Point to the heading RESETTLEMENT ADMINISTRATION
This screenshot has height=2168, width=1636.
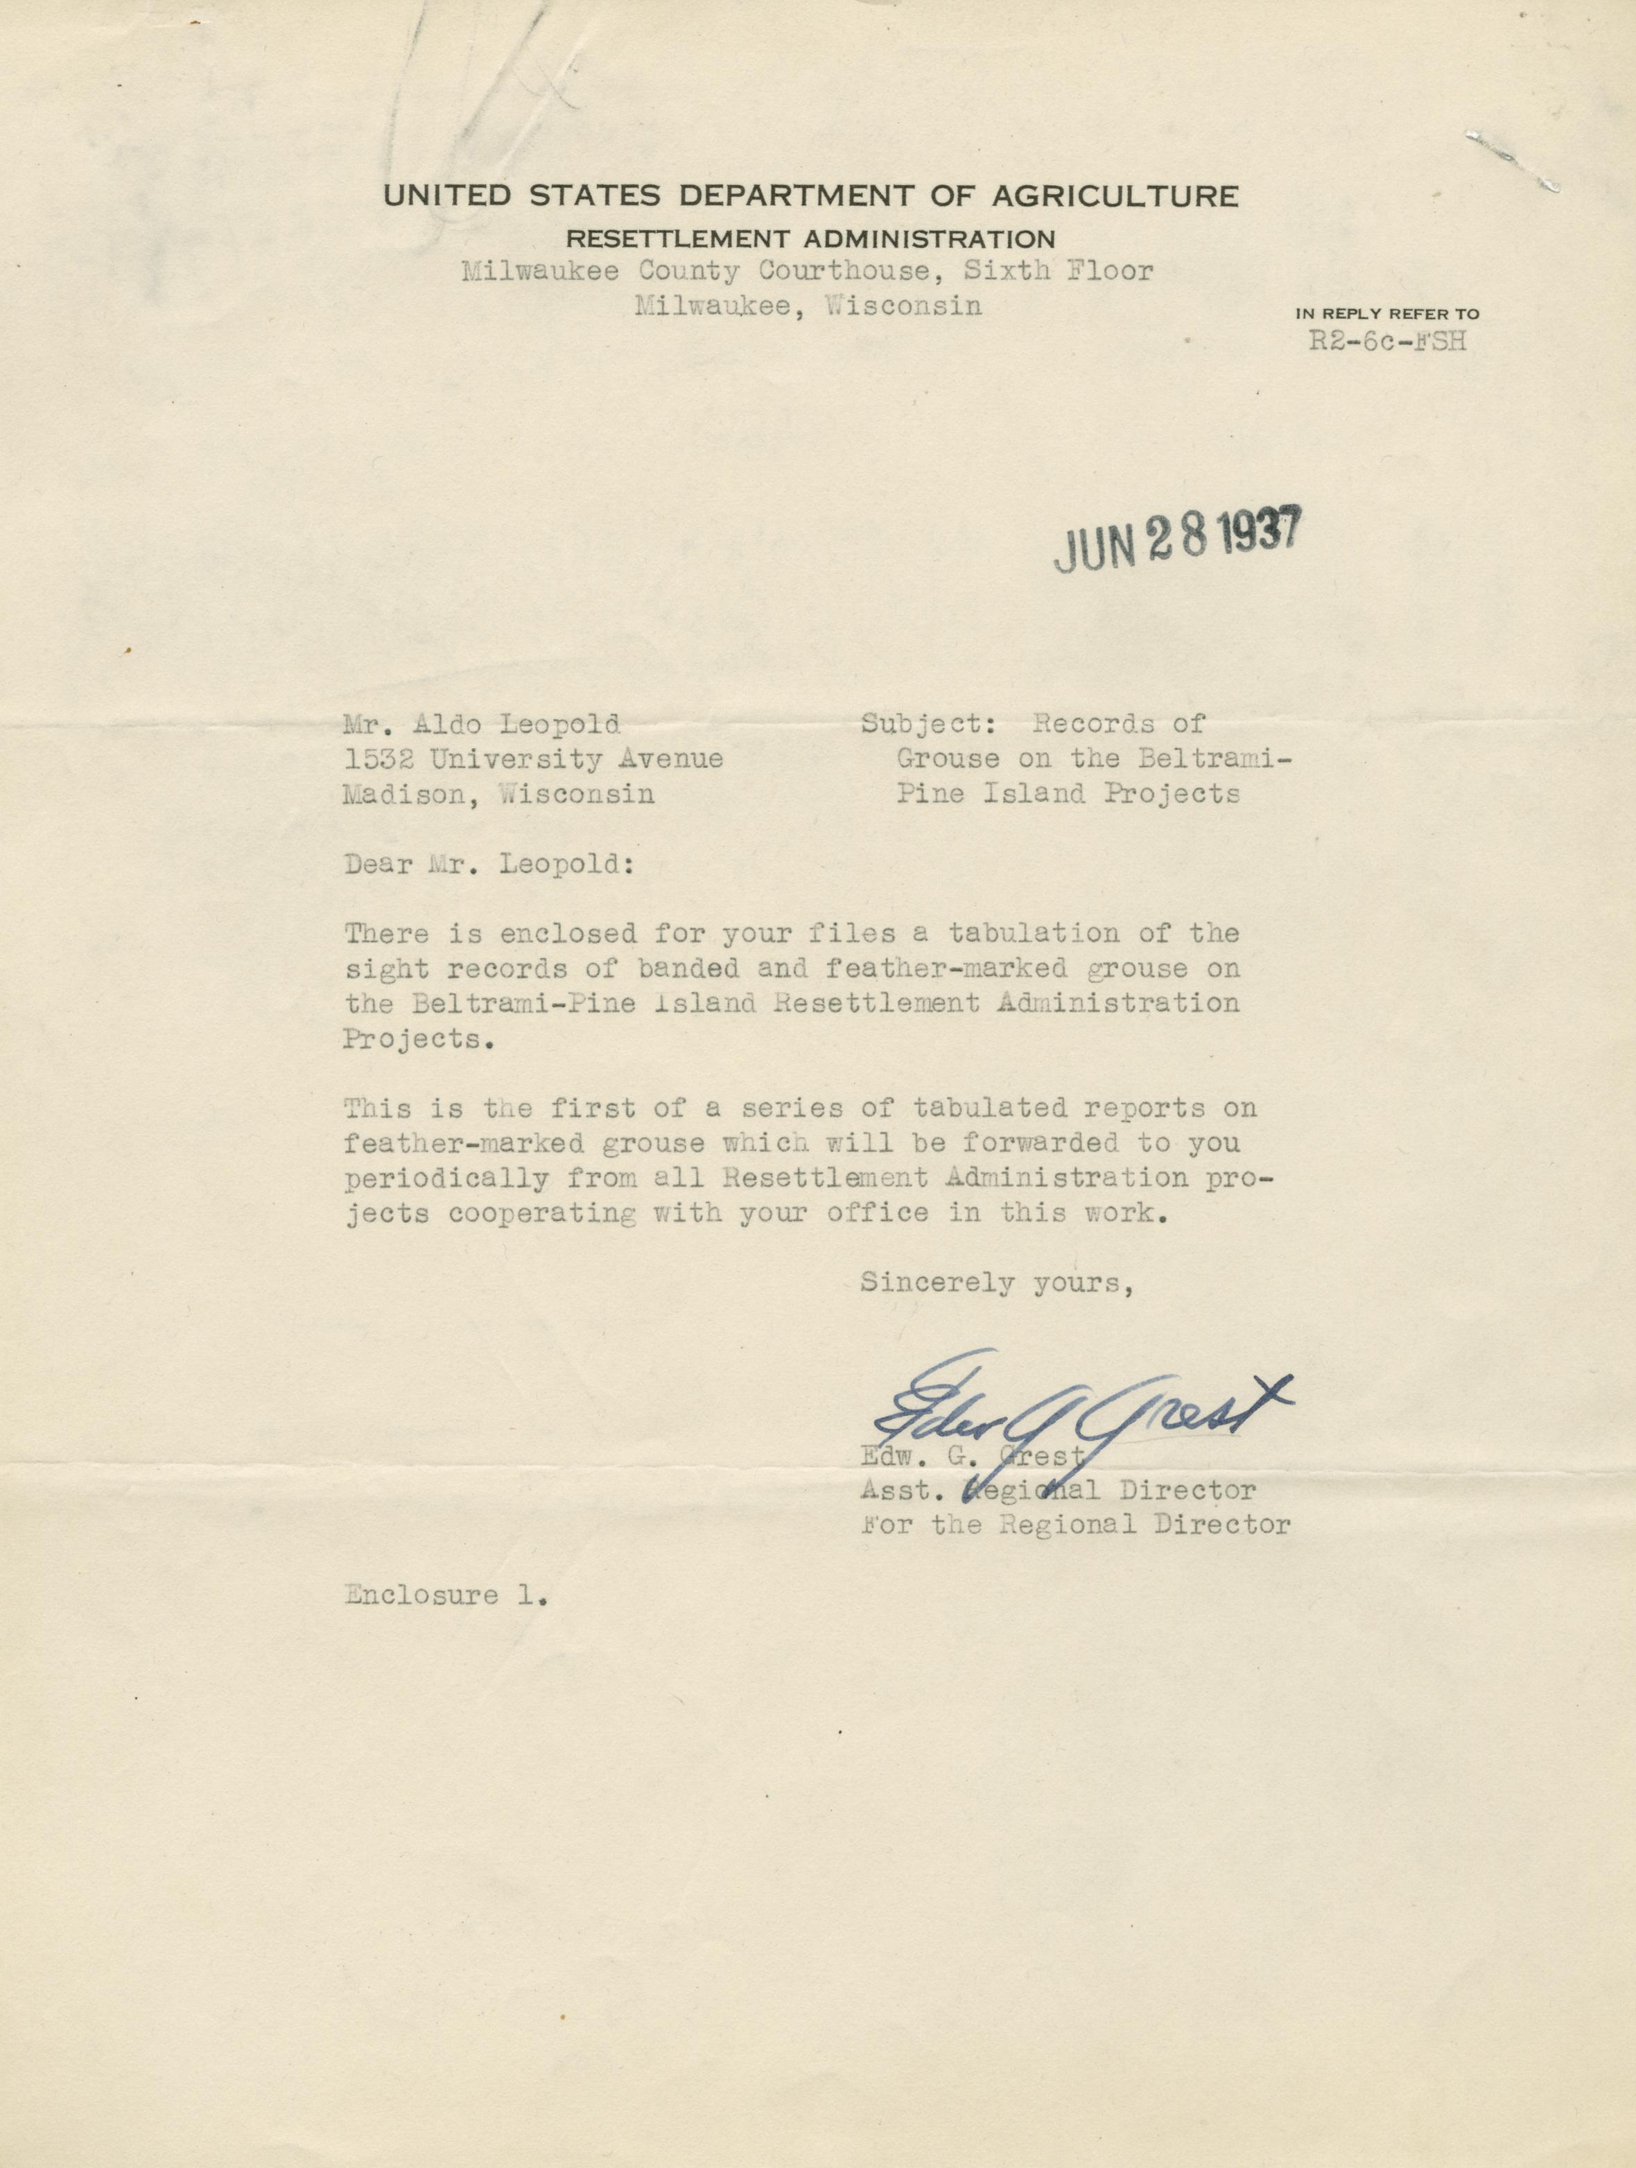(812, 239)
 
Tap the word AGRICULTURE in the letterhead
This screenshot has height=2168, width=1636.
(1115, 196)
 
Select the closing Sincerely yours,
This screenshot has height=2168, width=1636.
(997, 1282)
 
